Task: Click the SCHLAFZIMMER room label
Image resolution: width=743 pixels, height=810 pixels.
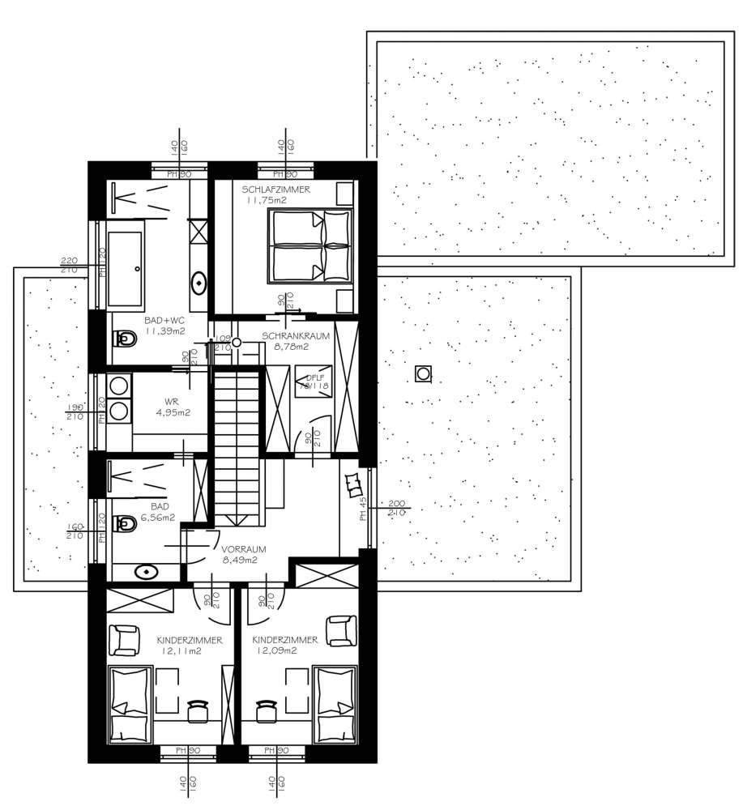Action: click(275, 190)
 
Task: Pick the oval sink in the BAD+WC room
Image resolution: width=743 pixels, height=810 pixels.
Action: click(199, 283)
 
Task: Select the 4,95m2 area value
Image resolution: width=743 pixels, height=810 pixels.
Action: click(174, 412)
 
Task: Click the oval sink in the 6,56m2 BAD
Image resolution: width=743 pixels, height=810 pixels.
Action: click(147, 571)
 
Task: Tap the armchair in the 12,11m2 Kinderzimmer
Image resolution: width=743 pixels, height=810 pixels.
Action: click(126, 640)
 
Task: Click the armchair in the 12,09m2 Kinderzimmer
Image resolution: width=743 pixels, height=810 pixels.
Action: click(340, 630)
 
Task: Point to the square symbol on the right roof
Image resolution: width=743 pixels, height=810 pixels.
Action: click(423, 373)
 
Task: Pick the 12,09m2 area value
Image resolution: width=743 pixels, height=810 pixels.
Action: click(276, 650)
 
